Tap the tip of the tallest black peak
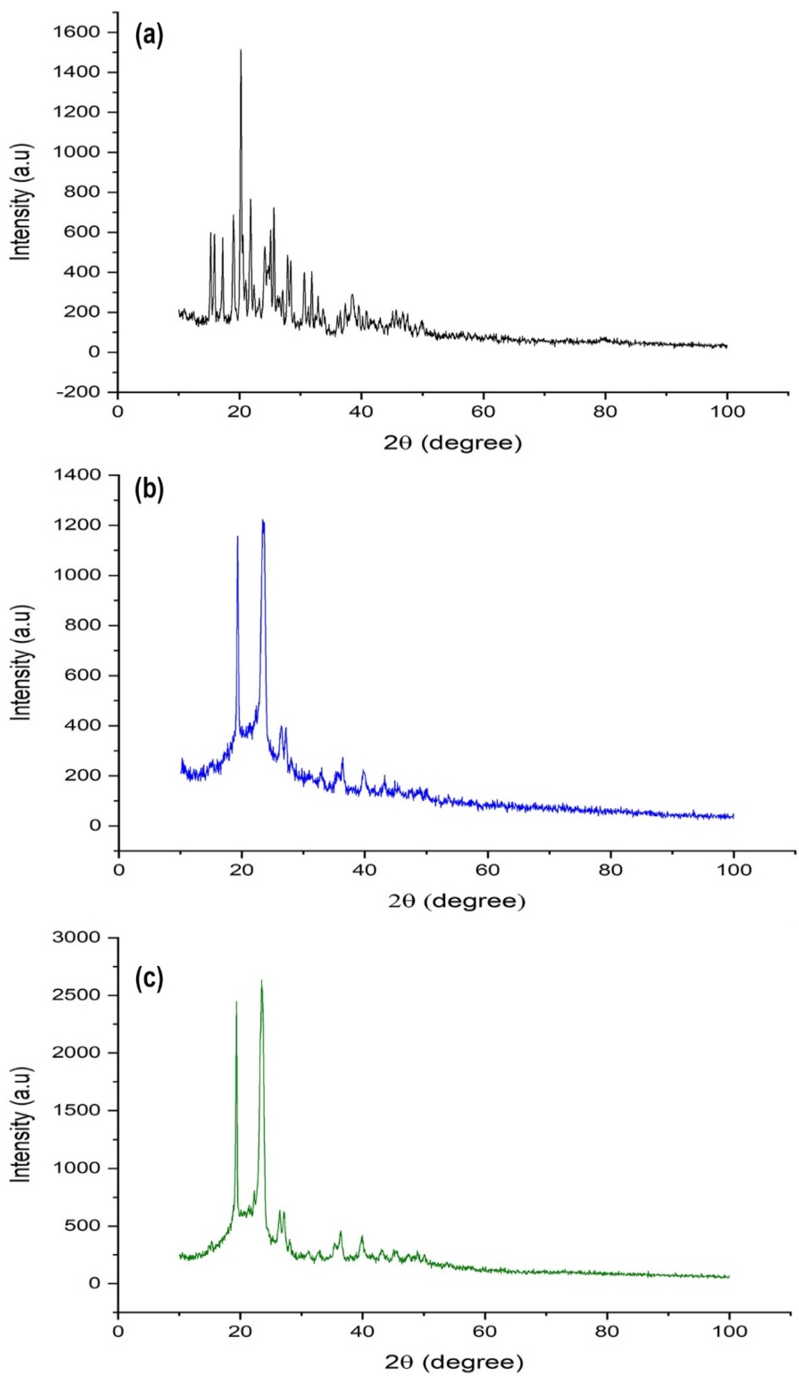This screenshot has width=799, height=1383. pyautogui.click(x=240, y=50)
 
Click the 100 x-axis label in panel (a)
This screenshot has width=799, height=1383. pyautogui.click(x=727, y=411)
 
